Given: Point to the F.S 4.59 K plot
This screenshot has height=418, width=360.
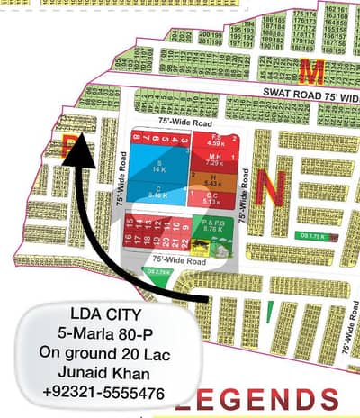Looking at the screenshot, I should (215, 141).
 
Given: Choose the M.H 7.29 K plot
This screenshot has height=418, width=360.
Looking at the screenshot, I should (217, 161).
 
